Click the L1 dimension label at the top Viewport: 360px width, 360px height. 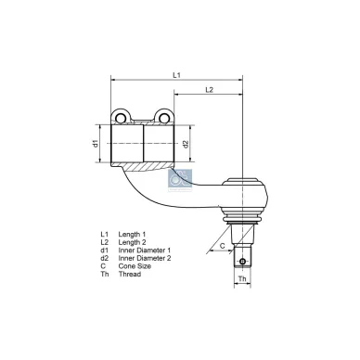click(x=176, y=73)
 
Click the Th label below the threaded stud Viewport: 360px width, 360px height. click(x=241, y=278)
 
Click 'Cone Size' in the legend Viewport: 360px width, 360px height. click(x=135, y=264)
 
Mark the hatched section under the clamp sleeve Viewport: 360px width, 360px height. click(x=143, y=167)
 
